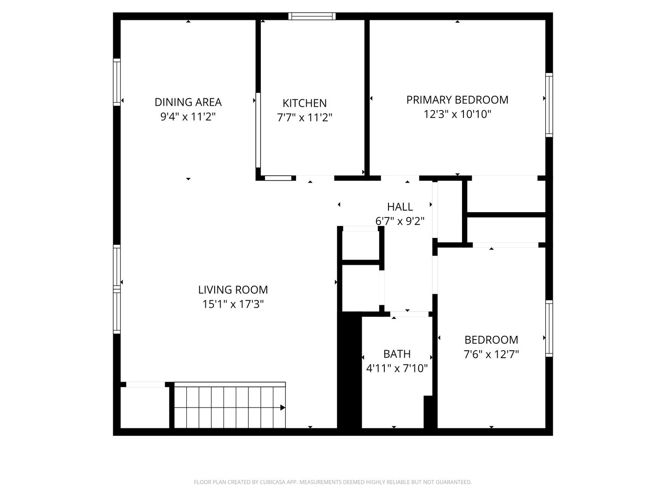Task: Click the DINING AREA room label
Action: pos(188,102)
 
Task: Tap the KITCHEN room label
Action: pos(304,103)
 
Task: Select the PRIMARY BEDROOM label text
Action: pos(457,100)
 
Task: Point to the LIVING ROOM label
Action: pos(233,290)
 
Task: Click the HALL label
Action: pos(400,207)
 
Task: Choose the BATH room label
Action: pos(396,354)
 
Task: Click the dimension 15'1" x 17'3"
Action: pos(233,304)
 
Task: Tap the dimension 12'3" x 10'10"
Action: pos(457,114)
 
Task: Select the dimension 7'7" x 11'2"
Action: pos(304,117)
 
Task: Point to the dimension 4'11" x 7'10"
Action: pos(396,368)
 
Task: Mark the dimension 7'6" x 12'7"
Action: pos(491,354)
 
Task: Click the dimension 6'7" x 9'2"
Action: pos(400,221)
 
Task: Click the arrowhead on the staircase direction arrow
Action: pos(283,408)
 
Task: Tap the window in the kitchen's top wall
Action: pos(312,16)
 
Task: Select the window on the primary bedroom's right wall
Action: pos(549,105)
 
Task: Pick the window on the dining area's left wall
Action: pos(117,82)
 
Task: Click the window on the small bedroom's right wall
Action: pos(549,329)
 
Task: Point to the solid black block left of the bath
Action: pos(349,370)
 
